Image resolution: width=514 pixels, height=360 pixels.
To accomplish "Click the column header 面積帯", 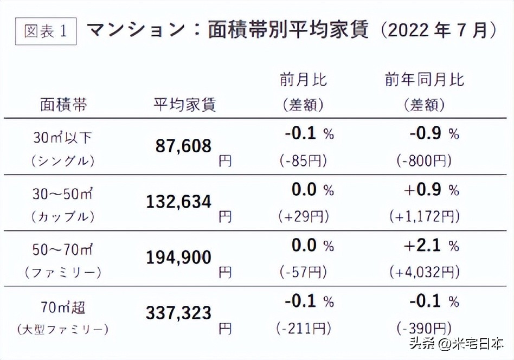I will point(64,104).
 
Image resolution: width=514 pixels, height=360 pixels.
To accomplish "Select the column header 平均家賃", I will point(185,104).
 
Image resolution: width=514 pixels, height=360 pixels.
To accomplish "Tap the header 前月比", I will point(304,80).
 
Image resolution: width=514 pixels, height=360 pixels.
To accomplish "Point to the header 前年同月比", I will point(425,80).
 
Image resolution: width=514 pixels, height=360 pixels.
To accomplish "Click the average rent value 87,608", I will point(183,145).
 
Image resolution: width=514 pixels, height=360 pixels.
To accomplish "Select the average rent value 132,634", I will point(178,202).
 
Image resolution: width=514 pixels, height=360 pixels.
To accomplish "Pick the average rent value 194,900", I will point(178,258).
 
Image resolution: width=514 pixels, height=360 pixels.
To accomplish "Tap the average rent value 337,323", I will point(178,313).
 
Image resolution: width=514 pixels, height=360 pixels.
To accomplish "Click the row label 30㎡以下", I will point(62,138).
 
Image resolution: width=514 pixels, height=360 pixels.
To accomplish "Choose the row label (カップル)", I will point(63,217).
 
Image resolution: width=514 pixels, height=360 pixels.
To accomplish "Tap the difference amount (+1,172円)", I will point(425,216).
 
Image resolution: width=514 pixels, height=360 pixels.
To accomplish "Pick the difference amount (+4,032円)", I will point(425,271).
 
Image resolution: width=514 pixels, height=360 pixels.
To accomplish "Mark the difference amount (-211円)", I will point(303,328).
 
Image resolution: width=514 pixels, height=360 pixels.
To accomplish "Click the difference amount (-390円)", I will point(425,328).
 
